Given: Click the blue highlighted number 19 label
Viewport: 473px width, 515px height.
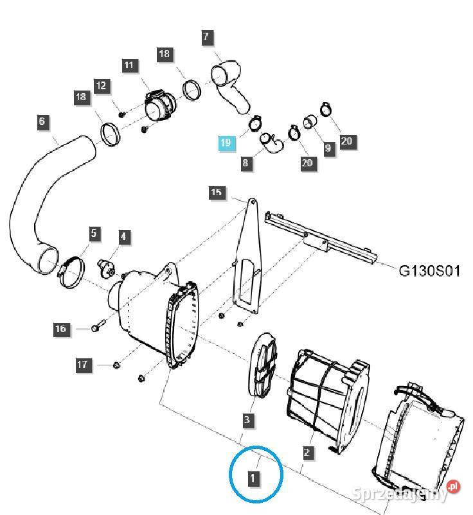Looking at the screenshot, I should pyautogui.click(x=225, y=143).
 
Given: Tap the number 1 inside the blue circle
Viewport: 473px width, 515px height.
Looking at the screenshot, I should pyautogui.click(x=254, y=478).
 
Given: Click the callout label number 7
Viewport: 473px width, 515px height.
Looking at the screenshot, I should pyautogui.click(x=206, y=37).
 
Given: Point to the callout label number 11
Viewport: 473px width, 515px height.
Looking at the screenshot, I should pyautogui.click(x=129, y=65).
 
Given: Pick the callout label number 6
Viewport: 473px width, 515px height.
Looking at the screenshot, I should pyautogui.click(x=42, y=121).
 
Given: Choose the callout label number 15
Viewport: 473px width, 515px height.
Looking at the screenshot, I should pyautogui.click(x=216, y=192).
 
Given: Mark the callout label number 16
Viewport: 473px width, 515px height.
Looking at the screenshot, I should pyautogui.click(x=61, y=329).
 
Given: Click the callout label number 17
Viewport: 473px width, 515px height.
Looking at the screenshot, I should pyautogui.click(x=82, y=365).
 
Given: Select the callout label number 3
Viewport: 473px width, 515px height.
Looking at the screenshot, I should pyautogui.click(x=247, y=421).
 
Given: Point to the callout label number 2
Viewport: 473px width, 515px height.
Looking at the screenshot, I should pyautogui.click(x=307, y=453).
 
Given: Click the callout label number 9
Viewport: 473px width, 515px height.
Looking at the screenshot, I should pyautogui.click(x=328, y=148).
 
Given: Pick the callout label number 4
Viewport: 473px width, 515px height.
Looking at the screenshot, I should pyautogui.click(x=123, y=236).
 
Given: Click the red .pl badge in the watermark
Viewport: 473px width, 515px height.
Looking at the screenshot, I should pyautogui.click(x=454, y=487).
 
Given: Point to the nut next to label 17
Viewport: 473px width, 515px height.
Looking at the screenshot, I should pyautogui.click(x=117, y=365).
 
